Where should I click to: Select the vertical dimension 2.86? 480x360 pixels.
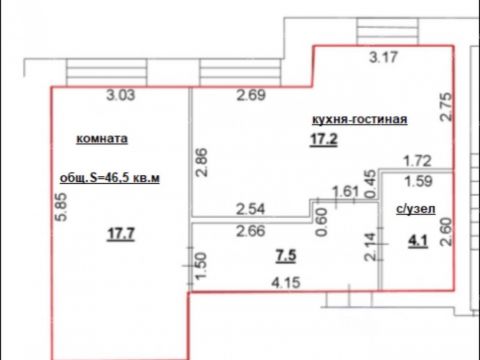tap(201, 163)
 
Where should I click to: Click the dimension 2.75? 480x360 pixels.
tap(446, 106)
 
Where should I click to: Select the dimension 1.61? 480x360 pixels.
tap(344, 191)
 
